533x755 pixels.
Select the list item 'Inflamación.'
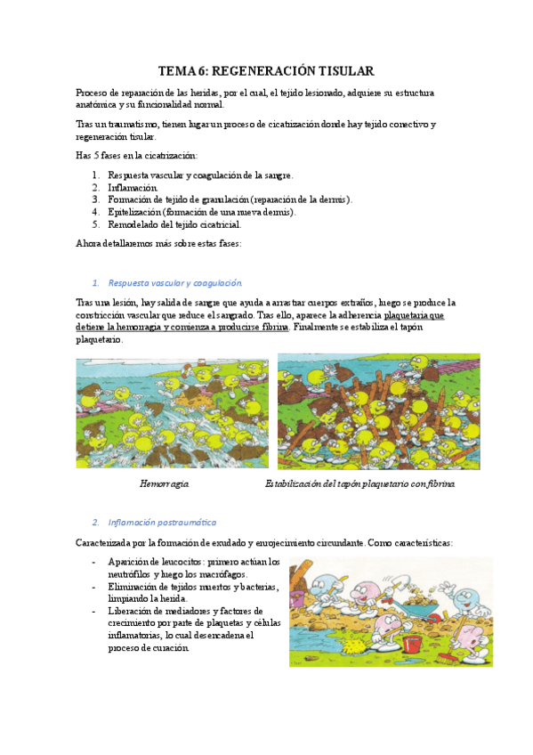(x=133, y=188)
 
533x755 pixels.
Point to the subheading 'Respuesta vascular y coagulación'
(x=174, y=283)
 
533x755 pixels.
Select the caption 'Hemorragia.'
(x=164, y=483)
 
